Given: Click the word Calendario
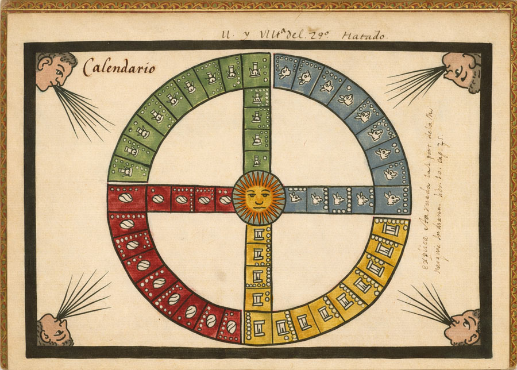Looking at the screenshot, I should click(x=119, y=67).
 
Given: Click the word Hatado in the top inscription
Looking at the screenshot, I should click(x=364, y=36).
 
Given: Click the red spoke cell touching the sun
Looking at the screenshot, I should click(x=224, y=199).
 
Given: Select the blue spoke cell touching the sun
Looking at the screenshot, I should click(x=295, y=199).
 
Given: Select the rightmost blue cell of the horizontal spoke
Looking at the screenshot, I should click(x=392, y=199).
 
